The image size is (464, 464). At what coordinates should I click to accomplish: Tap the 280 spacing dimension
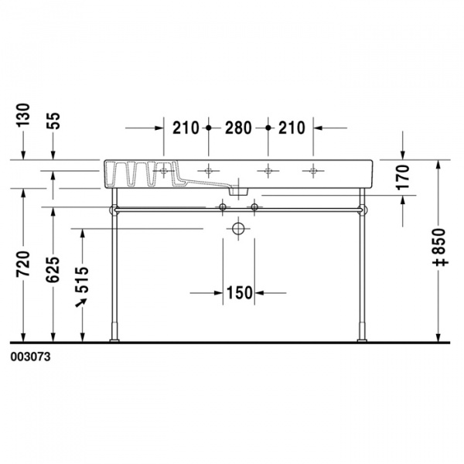237,128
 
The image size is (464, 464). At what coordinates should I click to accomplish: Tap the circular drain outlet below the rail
238,229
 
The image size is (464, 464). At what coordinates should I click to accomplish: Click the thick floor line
232,341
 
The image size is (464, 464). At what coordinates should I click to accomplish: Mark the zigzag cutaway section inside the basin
139,175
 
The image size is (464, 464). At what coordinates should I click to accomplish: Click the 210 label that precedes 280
186,128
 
